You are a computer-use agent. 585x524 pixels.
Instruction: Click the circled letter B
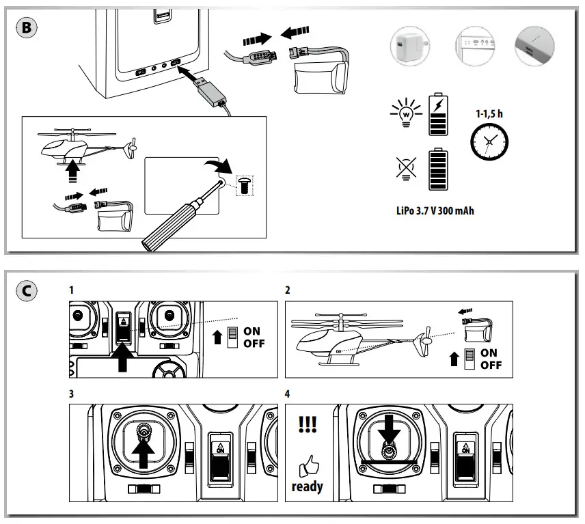pos(27,27)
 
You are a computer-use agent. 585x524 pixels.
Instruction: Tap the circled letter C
pos(27,291)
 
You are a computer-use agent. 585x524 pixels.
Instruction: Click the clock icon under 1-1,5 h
pos(489,142)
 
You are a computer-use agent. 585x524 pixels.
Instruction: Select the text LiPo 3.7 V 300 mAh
pos(435,210)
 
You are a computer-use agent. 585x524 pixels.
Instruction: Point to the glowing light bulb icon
pos(407,113)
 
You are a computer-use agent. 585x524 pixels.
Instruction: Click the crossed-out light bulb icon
pos(406,169)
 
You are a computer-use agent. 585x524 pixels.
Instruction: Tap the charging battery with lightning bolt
pos(438,115)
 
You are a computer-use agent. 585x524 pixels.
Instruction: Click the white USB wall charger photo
pos(410,46)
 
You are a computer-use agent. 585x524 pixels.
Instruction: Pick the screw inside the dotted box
pos(245,185)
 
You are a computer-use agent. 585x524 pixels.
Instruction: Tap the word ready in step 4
pos(307,486)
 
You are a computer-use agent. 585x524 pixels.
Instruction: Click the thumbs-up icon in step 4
pos(309,465)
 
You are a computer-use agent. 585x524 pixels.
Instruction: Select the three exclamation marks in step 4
pos(308,424)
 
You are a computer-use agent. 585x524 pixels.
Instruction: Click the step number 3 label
pos(71,394)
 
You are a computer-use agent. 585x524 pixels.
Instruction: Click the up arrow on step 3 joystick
pos(144,452)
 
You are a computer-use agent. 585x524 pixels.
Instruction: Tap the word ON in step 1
pos(251,331)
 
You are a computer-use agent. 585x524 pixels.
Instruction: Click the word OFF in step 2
pos(491,365)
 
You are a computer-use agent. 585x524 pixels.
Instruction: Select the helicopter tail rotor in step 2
pos(424,342)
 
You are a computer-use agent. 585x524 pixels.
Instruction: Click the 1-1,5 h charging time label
pos(489,114)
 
